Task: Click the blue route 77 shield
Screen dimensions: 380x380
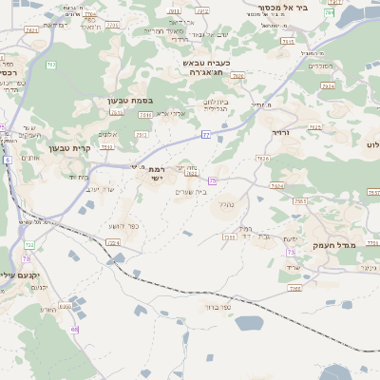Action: click(205, 136)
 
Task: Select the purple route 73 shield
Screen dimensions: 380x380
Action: click(213, 180)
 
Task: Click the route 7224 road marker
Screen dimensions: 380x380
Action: click(113, 243)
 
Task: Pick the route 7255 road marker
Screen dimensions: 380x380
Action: click(229, 236)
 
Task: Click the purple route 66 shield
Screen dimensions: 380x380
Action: click(73, 329)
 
